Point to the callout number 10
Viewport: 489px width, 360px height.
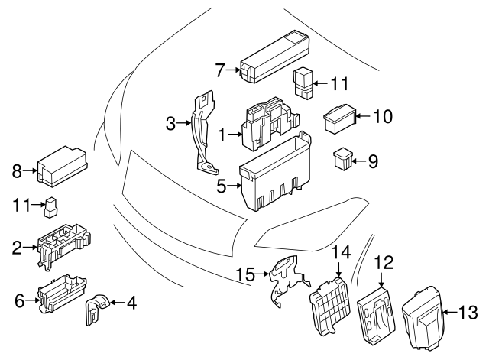coord(382,117)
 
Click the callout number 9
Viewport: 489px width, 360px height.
coord(373,161)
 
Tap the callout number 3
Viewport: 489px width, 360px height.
coord(172,123)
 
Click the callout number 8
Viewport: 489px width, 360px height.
coord(16,171)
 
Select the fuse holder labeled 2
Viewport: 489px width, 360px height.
coord(63,244)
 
